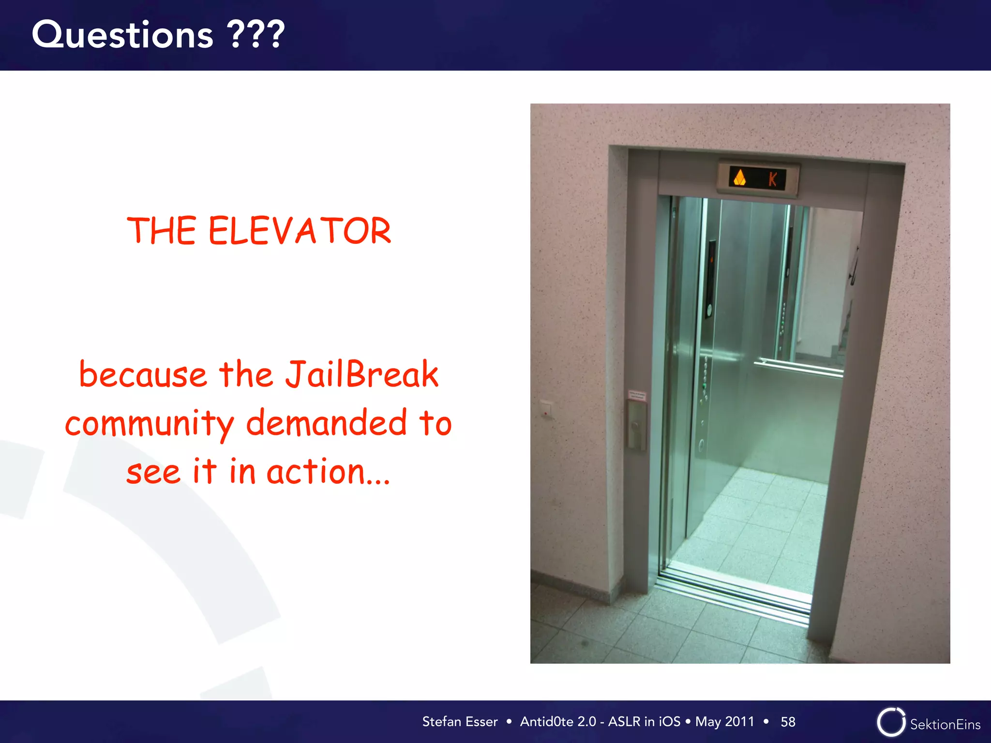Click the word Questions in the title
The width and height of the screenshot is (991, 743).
[x=122, y=35]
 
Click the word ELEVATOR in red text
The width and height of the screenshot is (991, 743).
[x=300, y=231]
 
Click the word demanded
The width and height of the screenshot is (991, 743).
[x=327, y=423]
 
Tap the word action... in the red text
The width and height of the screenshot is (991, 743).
[x=328, y=472]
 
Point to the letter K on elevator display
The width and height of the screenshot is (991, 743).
[x=773, y=179]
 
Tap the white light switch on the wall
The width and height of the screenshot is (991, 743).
[x=546, y=409]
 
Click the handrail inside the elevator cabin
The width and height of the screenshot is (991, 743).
[x=798, y=368]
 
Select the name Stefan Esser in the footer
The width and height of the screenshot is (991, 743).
[x=460, y=722]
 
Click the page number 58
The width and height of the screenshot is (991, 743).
[x=788, y=722]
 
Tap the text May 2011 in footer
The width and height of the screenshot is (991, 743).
[x=724, y=722]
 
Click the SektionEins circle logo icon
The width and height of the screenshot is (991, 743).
[x=890, y=722]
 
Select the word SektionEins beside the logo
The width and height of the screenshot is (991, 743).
[x=945, y=725]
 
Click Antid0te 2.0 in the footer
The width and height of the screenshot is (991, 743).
[x=558, y=722]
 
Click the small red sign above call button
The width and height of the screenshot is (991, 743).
[x=636, y=395]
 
